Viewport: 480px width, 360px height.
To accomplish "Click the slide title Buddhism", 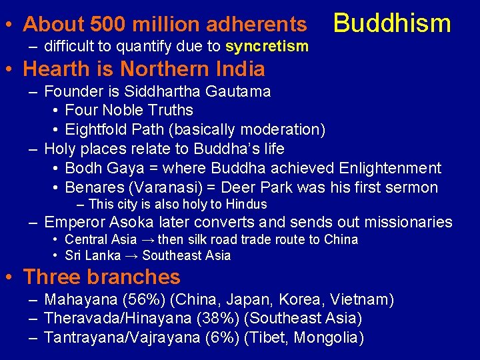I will point(392,23).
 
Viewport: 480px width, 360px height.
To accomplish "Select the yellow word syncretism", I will point(267,46).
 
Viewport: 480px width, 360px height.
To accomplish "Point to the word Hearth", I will point(56,69).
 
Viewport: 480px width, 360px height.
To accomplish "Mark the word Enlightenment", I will point(390,168).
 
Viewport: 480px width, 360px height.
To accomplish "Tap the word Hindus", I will point(246,205).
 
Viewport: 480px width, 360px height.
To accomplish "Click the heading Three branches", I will point(101,277).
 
